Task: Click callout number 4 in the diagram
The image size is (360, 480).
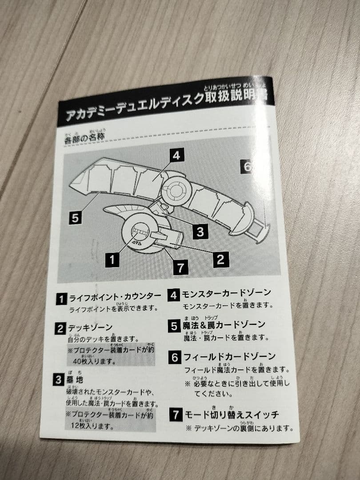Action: point(176,156)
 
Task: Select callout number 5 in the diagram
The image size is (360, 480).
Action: point(75,218)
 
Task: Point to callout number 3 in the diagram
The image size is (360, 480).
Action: point(200,231)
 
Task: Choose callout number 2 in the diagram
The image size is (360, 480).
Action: point(221,259)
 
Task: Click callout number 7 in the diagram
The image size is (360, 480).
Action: point(180,268)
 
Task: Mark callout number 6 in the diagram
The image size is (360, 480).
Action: point(247,166)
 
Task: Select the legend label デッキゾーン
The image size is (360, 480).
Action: point(90,328)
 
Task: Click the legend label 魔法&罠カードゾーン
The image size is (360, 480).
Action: point(224,325)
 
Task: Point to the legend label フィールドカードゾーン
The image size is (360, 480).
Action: point(229,356)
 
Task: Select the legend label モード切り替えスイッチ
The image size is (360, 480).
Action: point(231,415)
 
